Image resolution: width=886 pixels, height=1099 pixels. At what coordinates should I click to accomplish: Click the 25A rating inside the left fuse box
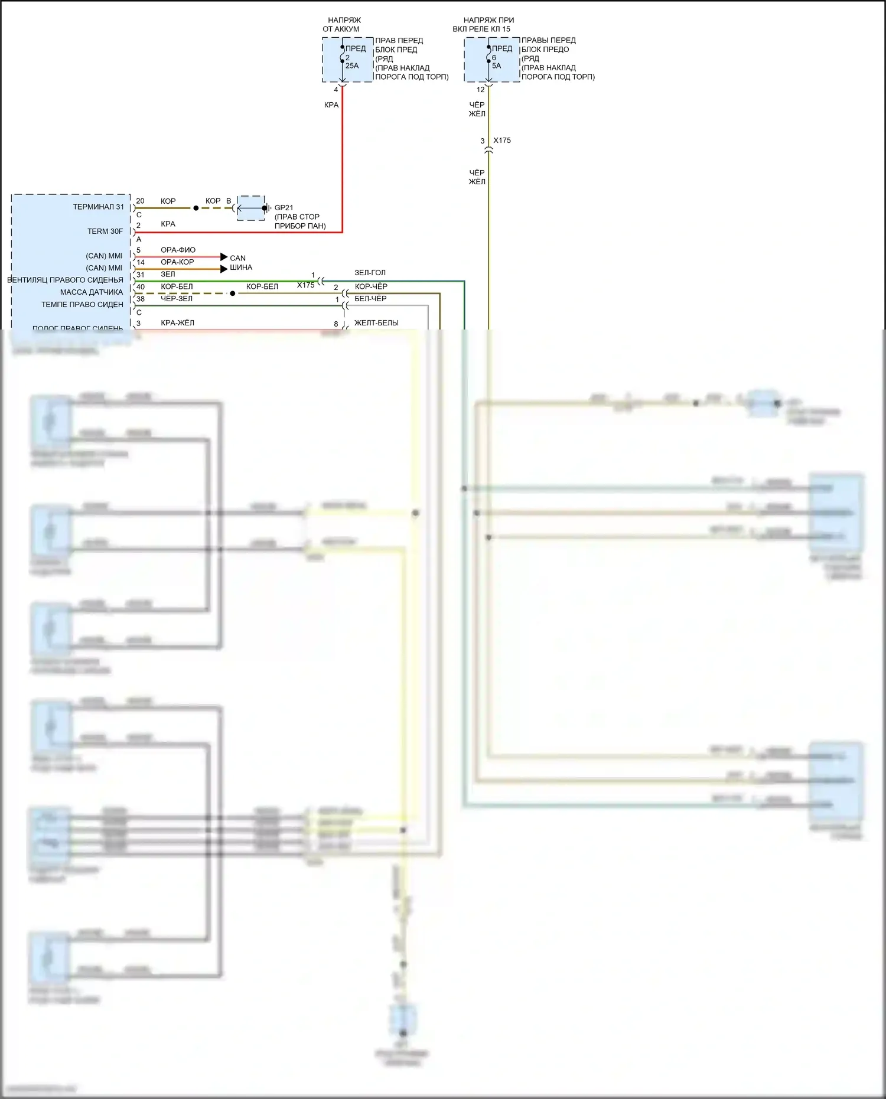(352, 66)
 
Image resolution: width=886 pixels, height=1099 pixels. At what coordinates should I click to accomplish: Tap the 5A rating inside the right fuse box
(496, 66)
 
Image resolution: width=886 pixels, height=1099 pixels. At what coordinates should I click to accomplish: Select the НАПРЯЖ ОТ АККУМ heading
(343, 24)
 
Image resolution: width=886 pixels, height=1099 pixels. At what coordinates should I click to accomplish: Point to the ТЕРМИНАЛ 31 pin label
(98, 207)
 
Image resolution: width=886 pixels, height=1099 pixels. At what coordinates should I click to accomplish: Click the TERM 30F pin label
(105, 231)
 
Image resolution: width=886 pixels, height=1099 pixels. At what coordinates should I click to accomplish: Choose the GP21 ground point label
(284, 207)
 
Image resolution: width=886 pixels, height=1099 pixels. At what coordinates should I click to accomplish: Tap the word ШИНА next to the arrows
(241, 268)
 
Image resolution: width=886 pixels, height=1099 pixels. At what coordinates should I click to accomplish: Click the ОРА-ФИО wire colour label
(178, 250)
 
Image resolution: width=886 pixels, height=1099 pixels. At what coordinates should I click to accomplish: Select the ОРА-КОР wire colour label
(177, 262)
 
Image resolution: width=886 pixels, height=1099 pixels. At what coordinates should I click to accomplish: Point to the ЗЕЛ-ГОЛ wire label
(370, 272)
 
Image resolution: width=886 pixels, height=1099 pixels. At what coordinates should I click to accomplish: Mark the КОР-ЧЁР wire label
(371, 286)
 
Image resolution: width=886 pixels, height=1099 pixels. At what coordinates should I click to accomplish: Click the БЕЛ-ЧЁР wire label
(370, 298)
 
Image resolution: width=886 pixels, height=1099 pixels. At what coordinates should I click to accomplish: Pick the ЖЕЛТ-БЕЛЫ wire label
(376, 322)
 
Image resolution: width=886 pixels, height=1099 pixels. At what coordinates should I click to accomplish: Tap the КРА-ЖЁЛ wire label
(177, 322)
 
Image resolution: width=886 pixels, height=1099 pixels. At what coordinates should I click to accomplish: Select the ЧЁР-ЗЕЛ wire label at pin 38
(177, 298)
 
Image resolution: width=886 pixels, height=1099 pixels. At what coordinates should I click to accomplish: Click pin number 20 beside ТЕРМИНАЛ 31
(140, 201)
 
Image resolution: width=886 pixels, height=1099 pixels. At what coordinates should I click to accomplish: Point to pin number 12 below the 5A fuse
(480, 90)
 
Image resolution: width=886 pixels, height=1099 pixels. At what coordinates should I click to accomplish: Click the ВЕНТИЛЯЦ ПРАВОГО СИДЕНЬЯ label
(65, 280)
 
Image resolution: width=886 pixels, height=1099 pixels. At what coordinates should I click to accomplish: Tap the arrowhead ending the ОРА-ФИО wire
(224, 257)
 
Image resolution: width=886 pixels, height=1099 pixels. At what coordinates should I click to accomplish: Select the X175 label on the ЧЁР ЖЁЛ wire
(502, 141)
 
